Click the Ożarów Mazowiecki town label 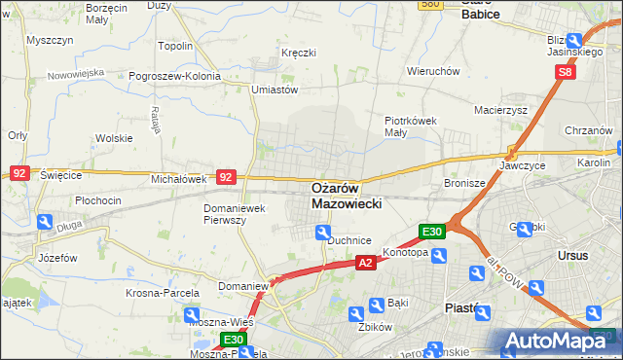pyautogui.click(x=348, y=196)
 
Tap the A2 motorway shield pyautogui.click(x=365, y=263)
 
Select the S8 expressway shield pyautogui.click(x=568, y=72)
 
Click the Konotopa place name pyautogui.click(x=405, y=252)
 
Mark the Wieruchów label pyautogui.click(x=433, y=71)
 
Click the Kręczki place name pyautogui.click(x=299, y=52)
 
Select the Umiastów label pyautogui.click(x=274, y=90)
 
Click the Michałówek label pyautogui.click(x=178, y=180)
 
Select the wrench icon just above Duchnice pyautogui.click(x=322, y=231)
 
